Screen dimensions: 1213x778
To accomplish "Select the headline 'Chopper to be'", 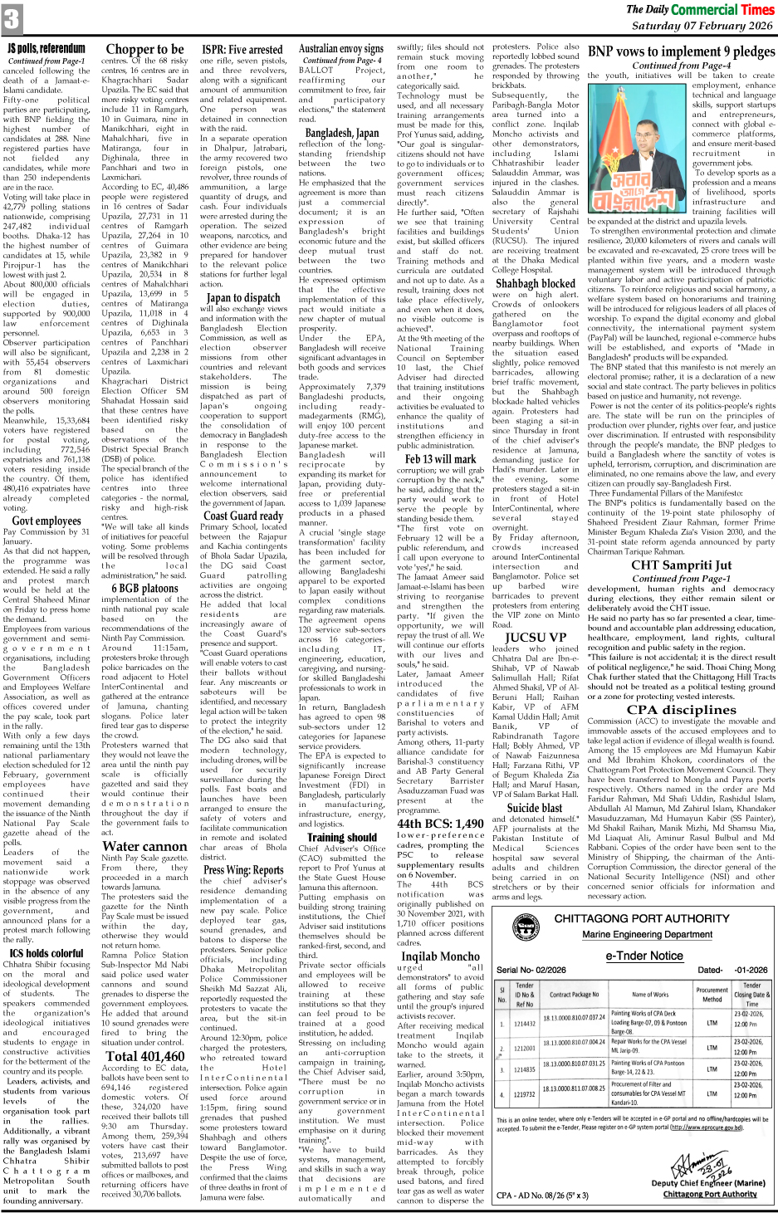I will tap(144, 49).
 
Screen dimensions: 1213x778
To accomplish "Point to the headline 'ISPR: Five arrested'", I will tap(242, 50).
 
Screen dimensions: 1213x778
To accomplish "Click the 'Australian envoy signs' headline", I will tap(341, 49).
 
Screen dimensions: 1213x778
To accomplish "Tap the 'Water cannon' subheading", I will tap(144, 846).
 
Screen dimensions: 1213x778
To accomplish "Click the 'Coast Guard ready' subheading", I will tap(243, 515).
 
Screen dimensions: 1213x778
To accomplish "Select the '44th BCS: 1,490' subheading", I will tap(440, 824).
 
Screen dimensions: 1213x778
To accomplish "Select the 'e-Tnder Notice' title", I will tap(643, 956).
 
